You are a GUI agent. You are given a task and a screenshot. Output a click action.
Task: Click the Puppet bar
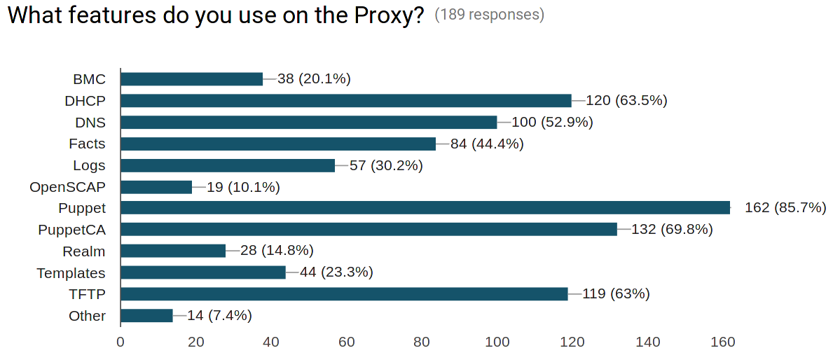click(425, 207)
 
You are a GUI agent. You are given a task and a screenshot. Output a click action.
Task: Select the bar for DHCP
click(346, 100)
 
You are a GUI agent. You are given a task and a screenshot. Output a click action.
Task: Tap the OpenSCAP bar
click(156, 187)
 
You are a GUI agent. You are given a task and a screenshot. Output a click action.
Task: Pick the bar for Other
click(146, 316)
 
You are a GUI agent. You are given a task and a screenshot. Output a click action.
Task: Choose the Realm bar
click(173, 251)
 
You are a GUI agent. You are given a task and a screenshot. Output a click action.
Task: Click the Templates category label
click(71, 273)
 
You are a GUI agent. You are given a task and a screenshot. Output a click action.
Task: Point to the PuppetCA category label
click(71, 230)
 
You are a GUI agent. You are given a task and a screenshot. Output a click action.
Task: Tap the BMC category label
click(89, 79)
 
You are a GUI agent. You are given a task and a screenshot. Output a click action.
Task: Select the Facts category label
click(87, 144)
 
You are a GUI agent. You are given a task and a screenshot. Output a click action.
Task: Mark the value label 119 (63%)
click(616, 294)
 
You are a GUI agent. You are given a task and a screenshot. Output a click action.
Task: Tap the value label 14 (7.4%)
click(219, 316)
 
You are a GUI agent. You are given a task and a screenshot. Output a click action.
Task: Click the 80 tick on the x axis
click(422, 342)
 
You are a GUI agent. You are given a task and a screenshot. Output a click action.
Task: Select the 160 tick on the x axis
click(723, 342)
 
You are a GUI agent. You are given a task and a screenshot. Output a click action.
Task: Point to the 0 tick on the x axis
click(121, 342)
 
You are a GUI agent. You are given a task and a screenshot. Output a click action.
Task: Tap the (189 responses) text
click(489, 15)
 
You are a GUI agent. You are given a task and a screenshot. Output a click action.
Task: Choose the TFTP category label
click(87, 294)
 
